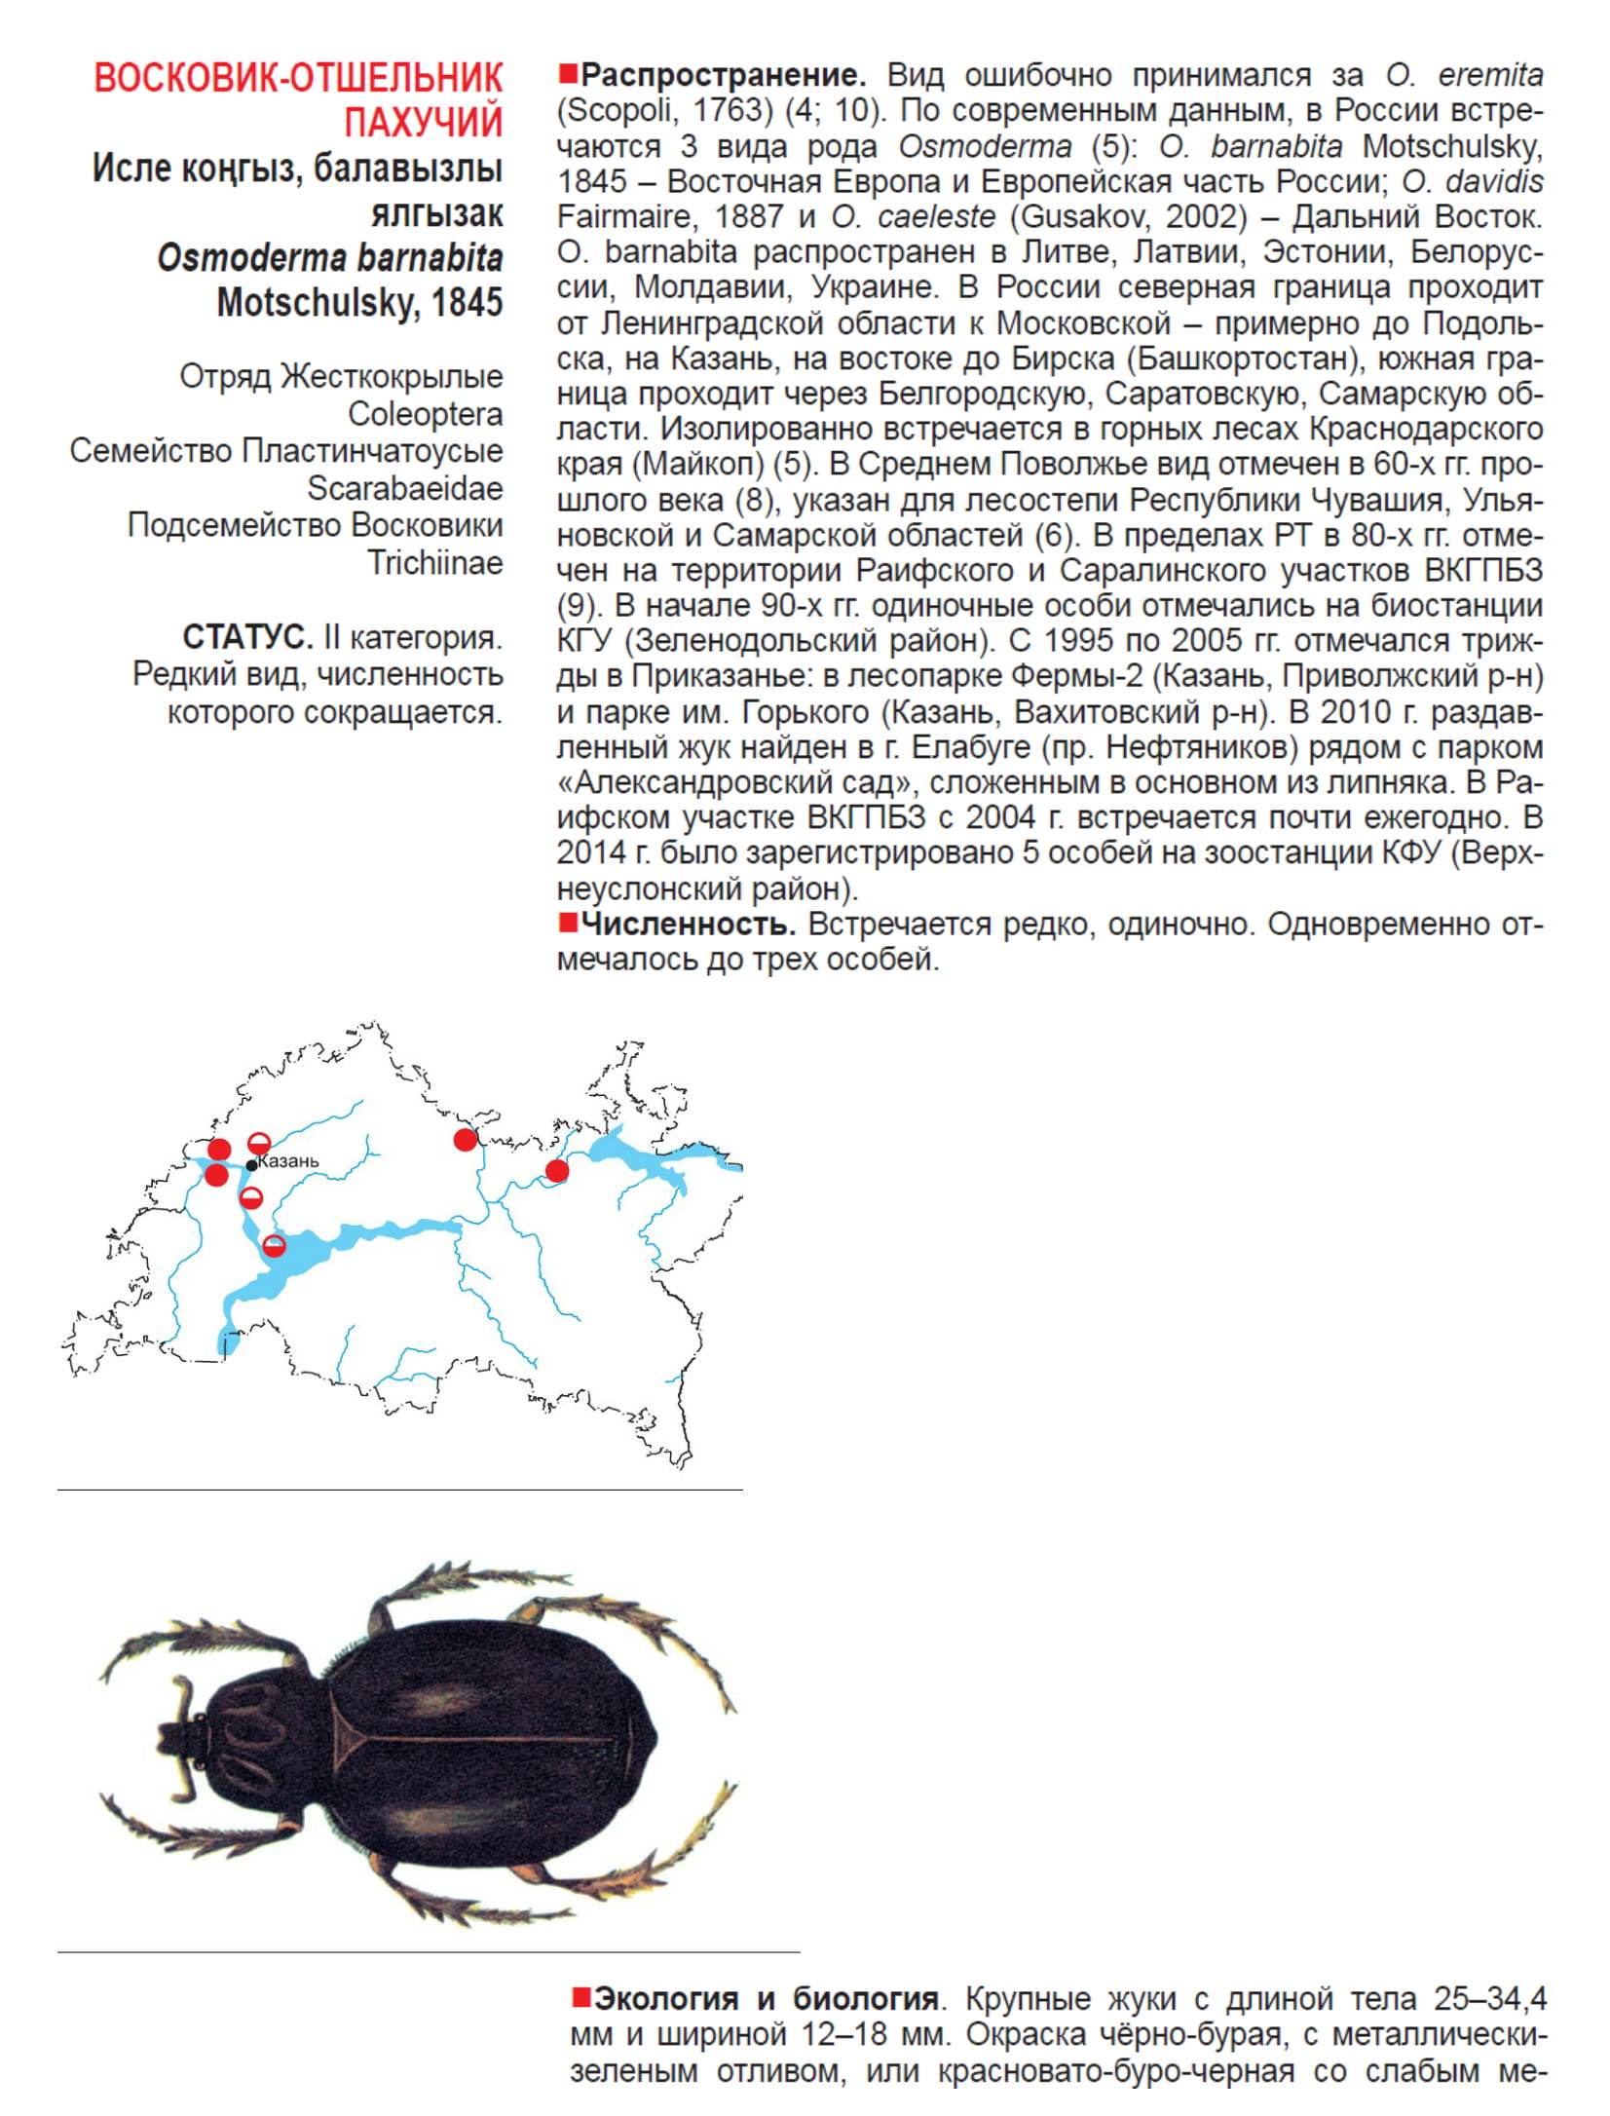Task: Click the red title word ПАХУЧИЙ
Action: [423, 123]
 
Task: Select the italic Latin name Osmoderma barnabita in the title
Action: [330, 258]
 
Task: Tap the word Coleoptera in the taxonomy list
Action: [426, 414]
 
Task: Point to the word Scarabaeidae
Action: [405, 488]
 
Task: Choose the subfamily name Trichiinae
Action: [434, 562]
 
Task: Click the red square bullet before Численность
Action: [567, 921]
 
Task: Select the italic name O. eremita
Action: [1464, 75]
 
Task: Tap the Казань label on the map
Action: [289, 1161]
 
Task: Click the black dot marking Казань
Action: [252, 1165]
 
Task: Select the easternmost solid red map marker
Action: [556, 1170]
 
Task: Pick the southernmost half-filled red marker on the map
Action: [276, 1244]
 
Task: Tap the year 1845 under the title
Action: [468, 302]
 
